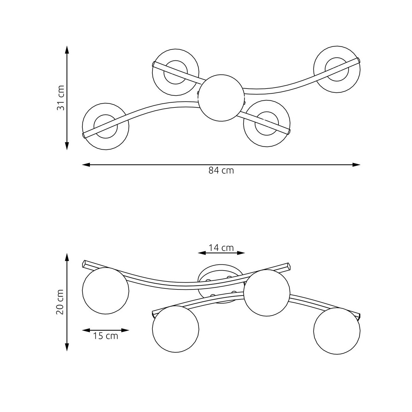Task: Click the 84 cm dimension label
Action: tap(221, 170)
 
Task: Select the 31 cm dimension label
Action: tap(60, 98)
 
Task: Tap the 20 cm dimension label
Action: tap(60, 302)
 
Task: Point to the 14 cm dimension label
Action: tap(221, 248)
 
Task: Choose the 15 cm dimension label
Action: tap(105, 336)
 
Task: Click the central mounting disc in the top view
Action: tap(221, 98)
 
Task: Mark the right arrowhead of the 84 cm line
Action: tap(356, 165)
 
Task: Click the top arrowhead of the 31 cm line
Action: tap(67, 49)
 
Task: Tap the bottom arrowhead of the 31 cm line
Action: tap(67, 146)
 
